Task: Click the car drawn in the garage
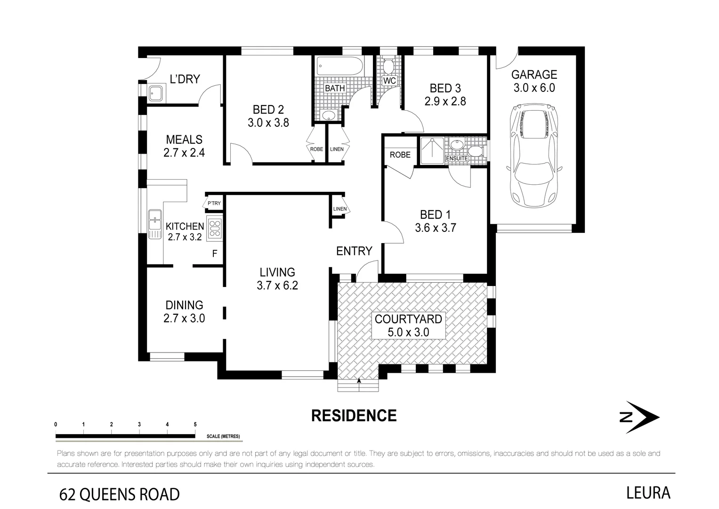pos(533,158)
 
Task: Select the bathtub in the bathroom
pos(339,66)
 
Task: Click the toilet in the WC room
pos(389,66)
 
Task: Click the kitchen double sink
pos(154,224)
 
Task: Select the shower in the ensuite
pos(432,150)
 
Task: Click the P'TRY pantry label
pos(214,204)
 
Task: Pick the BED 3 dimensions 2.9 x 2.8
pos(445,101)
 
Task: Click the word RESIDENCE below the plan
pos(354,416)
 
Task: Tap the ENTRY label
pos(354,251)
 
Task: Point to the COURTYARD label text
pos(408,319)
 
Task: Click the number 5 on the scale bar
pos(195,425)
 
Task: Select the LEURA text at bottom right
pos(648,493)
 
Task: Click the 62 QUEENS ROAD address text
pos(120,494)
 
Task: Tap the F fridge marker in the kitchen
pos(215,254)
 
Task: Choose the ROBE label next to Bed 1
pos(400,155)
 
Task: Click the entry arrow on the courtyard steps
pos(359,381)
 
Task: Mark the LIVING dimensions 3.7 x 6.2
pos(277,285)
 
